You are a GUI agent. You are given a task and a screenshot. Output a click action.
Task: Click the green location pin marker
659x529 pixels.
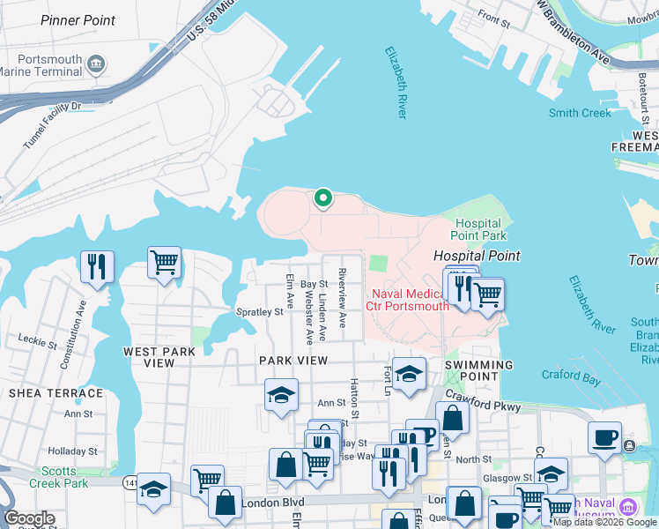[x=322, y=198]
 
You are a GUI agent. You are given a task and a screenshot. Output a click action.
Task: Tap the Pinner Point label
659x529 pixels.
[x=78, y=20]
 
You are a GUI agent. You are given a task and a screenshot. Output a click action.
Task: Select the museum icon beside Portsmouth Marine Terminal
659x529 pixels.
[x=97, y=63]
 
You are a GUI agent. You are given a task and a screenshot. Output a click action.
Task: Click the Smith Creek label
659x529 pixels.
[x=579, y=113]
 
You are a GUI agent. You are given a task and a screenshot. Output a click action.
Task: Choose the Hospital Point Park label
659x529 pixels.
[x=478, y=229]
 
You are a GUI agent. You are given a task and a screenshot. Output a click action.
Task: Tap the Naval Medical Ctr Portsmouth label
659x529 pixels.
[x=410, y=300]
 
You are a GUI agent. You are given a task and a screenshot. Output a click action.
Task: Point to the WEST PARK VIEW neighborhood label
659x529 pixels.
[x=159, y=357]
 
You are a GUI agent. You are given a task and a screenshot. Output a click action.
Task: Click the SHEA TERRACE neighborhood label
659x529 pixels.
[x=56, y=393]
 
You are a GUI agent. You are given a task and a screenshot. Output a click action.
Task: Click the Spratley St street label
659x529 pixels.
[x=259, y=311]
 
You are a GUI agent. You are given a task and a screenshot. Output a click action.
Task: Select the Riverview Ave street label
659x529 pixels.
[x=343, y=304]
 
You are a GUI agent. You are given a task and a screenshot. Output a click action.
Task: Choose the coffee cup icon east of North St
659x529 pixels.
[x=604, y=438]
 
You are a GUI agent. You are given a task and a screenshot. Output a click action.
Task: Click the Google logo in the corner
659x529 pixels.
[x=29, y=519]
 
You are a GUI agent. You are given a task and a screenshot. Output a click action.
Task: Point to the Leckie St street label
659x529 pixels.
[x=36, y=338]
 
